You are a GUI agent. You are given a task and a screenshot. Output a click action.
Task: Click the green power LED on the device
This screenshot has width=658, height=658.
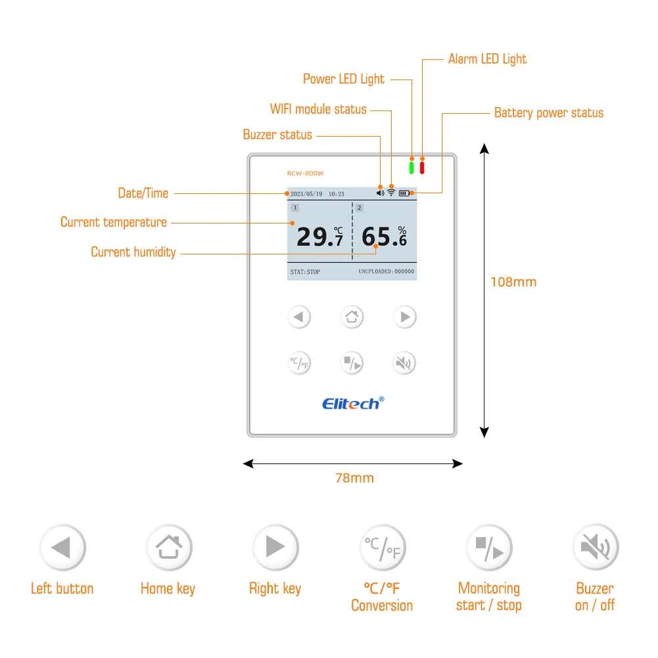pos(411,168)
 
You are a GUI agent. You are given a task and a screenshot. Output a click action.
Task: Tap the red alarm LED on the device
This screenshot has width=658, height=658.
pos(422,168)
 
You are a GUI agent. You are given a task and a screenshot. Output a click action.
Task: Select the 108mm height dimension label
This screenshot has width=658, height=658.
pos(513,282)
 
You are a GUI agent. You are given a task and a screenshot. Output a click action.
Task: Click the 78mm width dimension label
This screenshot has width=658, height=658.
pos(354,478)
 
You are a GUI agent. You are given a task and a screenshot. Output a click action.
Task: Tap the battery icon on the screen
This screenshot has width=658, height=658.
pos(404,193)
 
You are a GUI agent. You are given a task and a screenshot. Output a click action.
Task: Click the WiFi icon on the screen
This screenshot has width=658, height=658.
pos(391,193)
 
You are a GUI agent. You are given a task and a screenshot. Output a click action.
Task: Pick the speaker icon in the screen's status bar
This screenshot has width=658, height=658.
pos(380,193)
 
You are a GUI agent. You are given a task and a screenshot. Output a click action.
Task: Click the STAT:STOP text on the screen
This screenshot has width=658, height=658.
pos(305,271)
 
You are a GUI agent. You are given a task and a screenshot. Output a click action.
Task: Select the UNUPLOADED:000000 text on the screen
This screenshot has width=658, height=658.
pos(386,271)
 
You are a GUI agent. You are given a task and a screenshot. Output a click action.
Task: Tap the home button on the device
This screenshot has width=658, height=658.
pos(352,317)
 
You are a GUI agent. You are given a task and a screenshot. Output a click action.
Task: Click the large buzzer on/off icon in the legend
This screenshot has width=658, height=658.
pos(596,548)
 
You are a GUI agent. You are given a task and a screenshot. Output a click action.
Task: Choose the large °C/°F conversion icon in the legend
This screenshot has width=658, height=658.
pos(382,548)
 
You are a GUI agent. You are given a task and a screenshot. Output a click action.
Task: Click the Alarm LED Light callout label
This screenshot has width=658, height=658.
pos(487,59)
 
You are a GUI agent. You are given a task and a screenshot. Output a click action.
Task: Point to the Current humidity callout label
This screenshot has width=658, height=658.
pos(133,252)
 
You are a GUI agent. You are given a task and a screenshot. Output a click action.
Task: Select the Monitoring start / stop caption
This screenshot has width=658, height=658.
pos(488,597)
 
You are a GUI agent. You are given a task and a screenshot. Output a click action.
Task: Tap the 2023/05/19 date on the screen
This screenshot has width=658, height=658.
pos(306,194)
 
